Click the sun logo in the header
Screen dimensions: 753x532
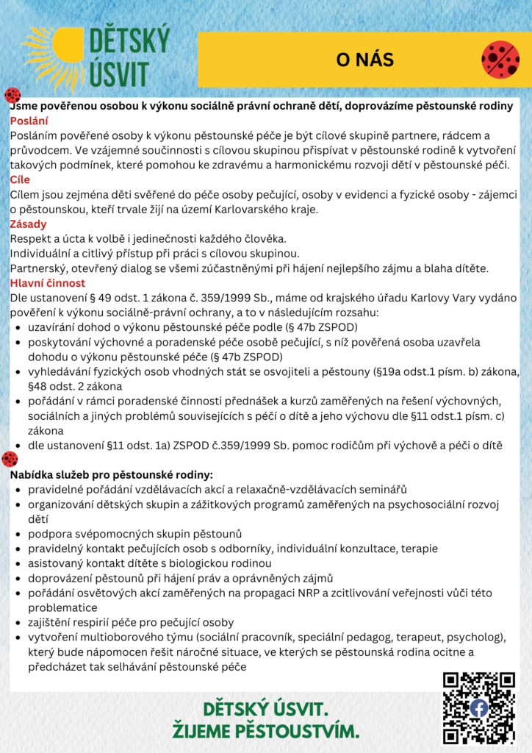(55, 55)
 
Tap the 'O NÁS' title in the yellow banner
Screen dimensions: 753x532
(365, 60)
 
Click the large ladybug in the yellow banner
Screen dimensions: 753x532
(500, 60)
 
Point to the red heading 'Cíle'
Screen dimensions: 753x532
(21, 179)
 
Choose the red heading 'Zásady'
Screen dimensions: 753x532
(28, 224)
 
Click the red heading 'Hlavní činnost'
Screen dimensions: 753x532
(48, 282)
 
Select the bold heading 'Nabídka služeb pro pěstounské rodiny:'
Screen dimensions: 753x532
(112, 474)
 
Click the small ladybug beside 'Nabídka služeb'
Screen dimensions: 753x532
(10, 460)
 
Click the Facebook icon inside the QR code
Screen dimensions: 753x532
(478, 707)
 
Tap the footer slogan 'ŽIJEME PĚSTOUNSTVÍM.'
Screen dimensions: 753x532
(265, 732)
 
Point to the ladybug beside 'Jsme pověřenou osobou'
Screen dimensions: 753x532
(12, 95)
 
